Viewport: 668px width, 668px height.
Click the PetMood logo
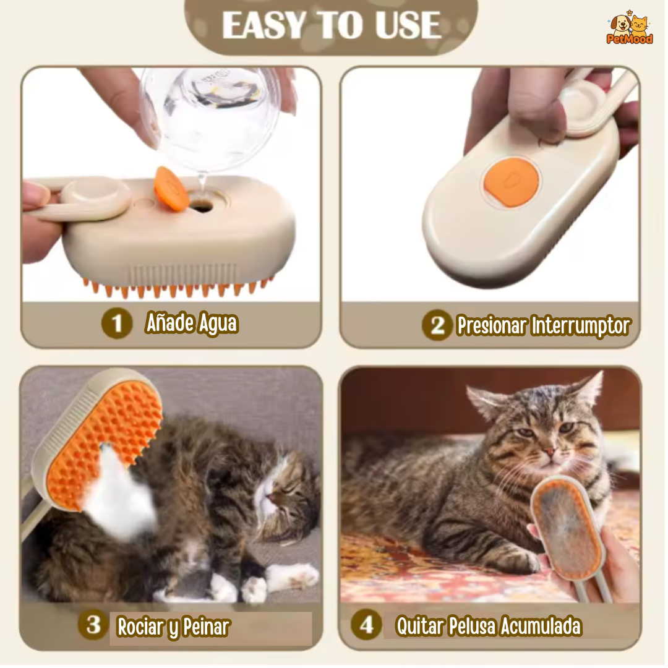pos(629,28)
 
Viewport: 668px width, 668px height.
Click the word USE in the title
pos(408,25)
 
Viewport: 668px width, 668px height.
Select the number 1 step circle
pos(117,323)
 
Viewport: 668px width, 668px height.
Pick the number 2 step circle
pos(437,325)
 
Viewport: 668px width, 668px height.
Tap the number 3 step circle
pos(94,625)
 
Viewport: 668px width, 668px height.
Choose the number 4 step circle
pos(366,625)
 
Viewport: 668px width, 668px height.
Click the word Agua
pos(218,323)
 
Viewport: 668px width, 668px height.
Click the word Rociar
pos(141,627)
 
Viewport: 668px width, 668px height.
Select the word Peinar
pos(206,627)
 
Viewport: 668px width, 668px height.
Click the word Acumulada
pos(541,626)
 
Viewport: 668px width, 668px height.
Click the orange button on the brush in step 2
pos(512,182)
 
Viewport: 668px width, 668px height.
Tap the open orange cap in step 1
pos(171,188)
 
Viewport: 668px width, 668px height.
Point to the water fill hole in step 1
pos(201,206)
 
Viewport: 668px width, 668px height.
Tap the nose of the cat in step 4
pos(550,452)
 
